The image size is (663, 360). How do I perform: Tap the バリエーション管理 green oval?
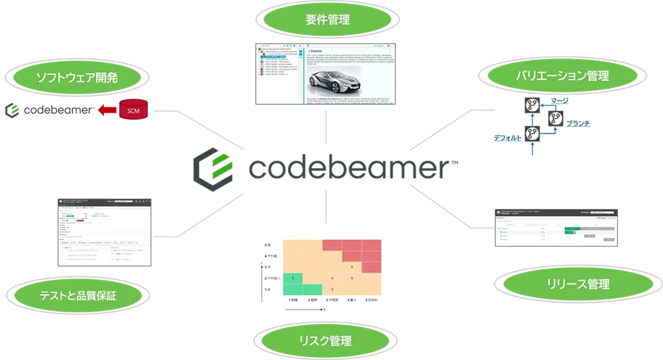553,76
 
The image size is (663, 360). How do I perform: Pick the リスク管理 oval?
325,341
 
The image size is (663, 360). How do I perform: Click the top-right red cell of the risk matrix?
371,244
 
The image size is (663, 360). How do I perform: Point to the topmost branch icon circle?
531,104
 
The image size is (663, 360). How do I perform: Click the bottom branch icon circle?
531,133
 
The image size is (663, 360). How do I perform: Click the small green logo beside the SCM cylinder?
13,111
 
